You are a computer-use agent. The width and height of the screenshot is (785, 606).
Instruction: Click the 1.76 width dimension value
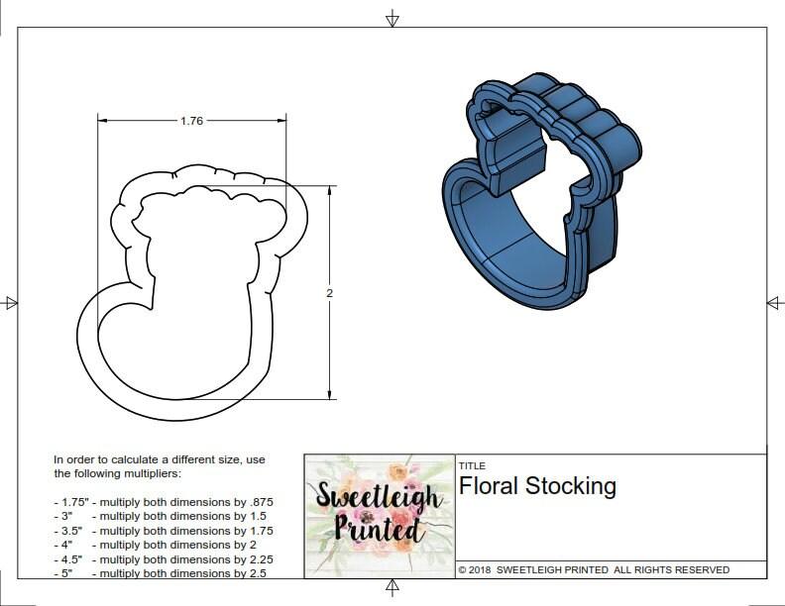point(191,121)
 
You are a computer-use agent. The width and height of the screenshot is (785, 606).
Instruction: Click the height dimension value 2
point(329,292)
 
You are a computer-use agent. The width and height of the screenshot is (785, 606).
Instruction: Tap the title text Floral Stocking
point(537,486)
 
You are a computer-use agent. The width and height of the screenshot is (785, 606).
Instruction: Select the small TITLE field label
point(471,465)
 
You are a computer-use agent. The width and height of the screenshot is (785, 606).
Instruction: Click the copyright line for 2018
point(594,570)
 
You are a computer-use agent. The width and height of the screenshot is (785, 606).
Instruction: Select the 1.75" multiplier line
point(163,502)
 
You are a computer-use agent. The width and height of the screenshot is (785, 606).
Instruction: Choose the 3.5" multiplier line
point(163,531)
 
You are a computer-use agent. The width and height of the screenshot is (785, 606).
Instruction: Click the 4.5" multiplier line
point(163,559)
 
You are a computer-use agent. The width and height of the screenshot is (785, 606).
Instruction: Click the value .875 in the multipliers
point(259,502)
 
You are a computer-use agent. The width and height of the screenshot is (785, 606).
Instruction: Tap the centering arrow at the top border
point(392,18)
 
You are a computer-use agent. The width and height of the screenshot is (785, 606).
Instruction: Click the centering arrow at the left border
point(11,303)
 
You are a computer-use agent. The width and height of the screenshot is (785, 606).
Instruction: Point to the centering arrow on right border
point(774,303)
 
